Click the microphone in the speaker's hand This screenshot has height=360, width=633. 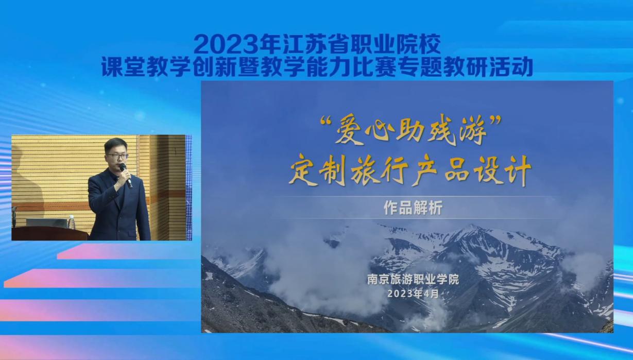pos(126,175)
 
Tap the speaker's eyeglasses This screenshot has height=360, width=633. pos(117,156)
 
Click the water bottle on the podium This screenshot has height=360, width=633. pos(71,222)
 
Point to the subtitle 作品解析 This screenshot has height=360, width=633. pos(413,208)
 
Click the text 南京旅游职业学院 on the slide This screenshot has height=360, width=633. pos(413,280)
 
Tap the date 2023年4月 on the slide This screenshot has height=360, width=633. pos(413,294)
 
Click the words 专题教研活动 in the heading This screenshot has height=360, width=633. pos(466,66)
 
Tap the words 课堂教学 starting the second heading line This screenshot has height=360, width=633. pos(146,67)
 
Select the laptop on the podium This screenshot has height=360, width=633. pos(47,222)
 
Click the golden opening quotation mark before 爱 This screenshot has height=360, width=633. pos(326,121)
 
